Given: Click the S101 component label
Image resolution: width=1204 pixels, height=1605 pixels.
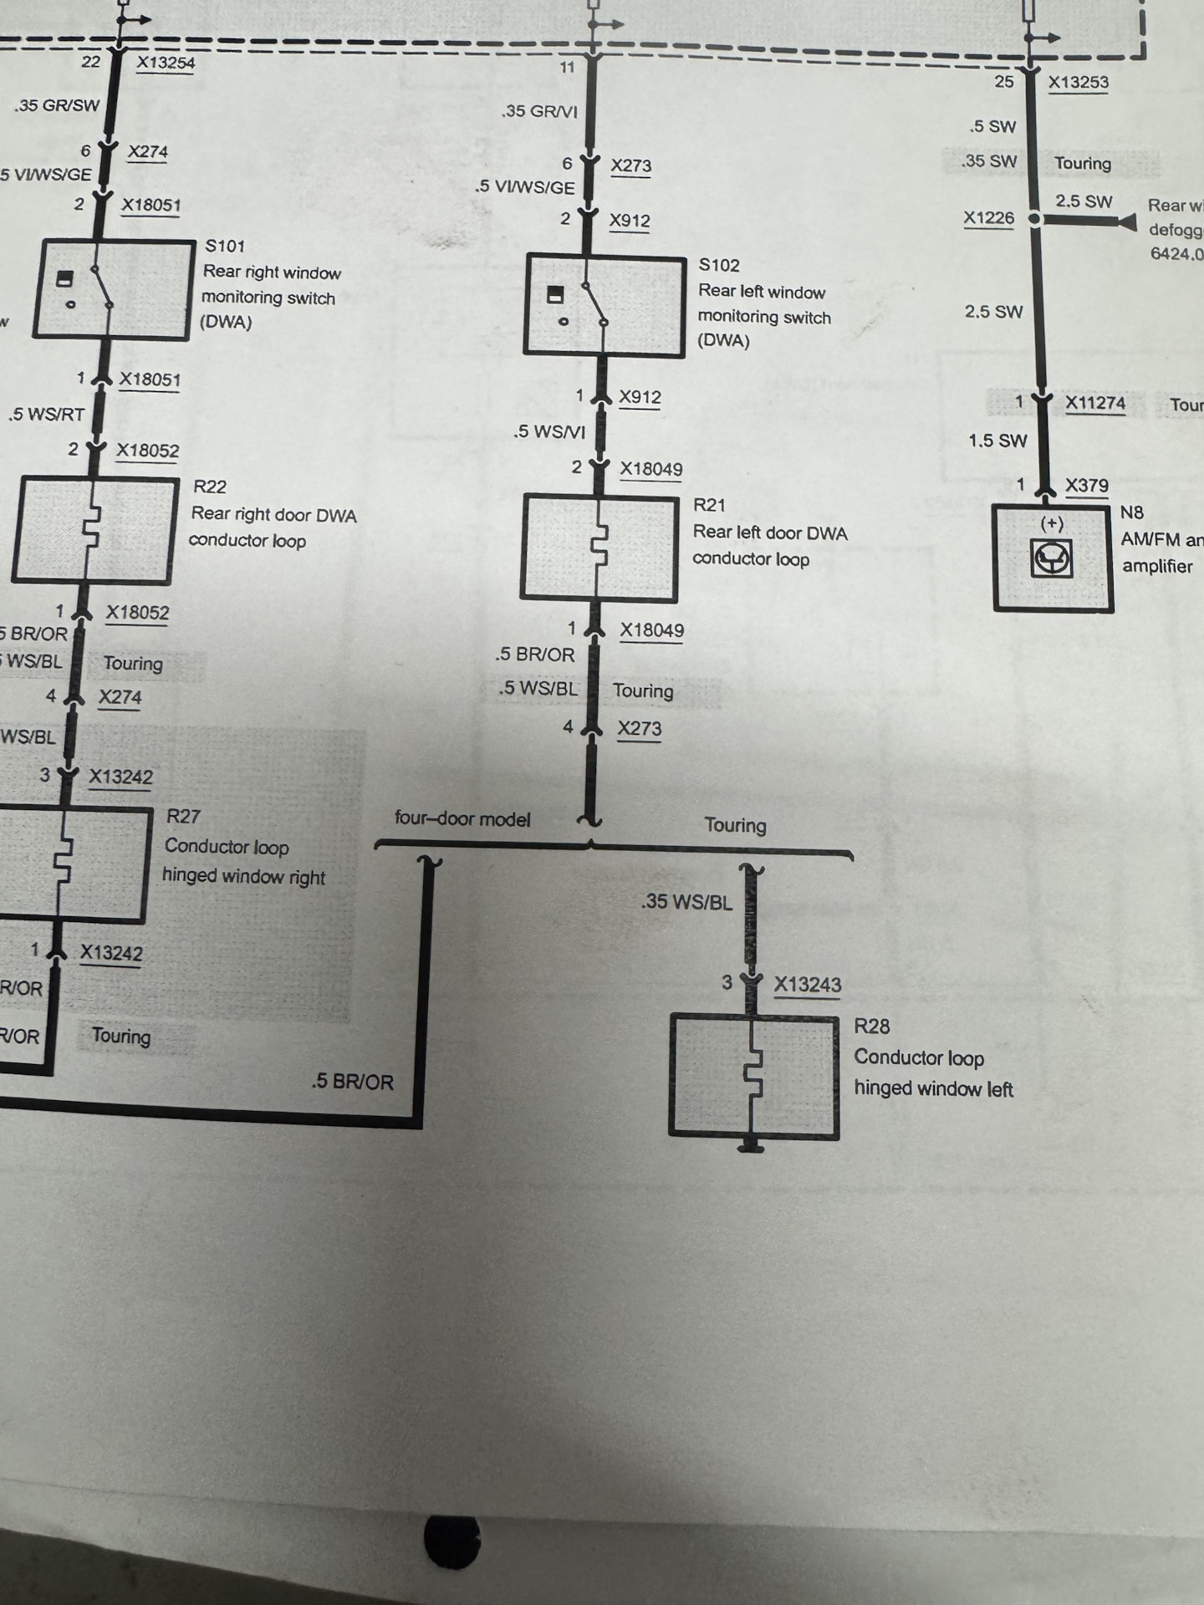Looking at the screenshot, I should point(225,246).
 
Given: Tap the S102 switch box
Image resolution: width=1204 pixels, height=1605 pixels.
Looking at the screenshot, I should point(604,306).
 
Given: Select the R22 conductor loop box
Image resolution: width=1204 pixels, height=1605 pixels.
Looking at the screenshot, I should point(95,530).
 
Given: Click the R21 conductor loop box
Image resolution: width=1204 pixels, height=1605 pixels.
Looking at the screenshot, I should point(599,548).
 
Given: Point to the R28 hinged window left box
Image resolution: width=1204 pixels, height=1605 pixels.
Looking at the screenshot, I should point(753,1077).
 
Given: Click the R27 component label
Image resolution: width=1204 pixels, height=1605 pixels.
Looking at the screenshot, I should point(183,817).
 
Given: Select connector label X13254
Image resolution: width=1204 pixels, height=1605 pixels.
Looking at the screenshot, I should point(166,63).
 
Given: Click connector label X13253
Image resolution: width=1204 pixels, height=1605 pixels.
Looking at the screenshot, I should point(1078,82).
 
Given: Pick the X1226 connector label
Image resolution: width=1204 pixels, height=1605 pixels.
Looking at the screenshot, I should point(988,218).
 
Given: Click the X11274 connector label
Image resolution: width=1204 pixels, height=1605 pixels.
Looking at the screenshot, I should point(1094,403).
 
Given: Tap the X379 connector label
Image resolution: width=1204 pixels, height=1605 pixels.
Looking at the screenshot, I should point(1086,485).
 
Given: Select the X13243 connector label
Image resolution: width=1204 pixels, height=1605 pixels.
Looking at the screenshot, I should point(807,984).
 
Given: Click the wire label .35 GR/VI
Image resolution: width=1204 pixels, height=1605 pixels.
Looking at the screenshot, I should point(540,111).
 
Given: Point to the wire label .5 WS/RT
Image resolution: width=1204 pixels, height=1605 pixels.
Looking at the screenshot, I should point(47,414).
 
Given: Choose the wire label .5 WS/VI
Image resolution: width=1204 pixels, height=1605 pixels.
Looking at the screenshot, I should point(549,431).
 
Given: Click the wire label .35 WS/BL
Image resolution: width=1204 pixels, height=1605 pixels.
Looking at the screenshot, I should point(686,902).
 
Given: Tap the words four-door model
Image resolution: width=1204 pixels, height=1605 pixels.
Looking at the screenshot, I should point(462,819).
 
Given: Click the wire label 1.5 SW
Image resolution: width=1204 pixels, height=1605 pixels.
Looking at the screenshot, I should point(997,441).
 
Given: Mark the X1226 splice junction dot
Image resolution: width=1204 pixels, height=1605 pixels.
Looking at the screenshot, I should point(1035,219).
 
